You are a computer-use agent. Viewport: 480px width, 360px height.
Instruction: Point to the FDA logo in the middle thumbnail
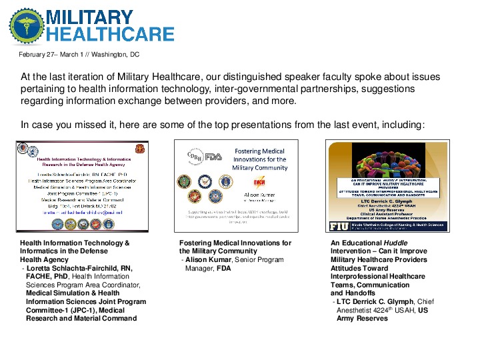[213, 157]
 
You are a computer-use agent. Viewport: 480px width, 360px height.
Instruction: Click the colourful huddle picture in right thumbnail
[390, 159]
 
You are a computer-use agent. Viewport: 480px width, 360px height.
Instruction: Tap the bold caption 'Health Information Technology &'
[74, 243]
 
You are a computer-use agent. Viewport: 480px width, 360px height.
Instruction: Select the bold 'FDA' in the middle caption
[223, 269]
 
